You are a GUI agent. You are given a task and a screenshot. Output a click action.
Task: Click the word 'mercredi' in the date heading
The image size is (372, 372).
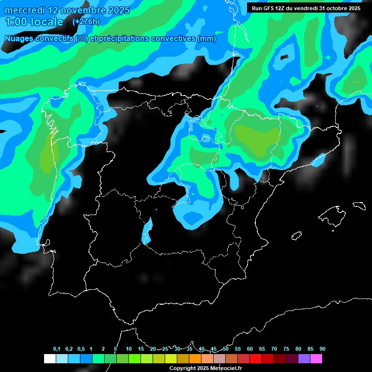(24, 10)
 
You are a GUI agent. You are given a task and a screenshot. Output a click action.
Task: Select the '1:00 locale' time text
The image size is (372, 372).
(34, 22)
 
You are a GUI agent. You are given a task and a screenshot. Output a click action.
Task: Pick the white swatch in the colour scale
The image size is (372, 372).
(49, 359)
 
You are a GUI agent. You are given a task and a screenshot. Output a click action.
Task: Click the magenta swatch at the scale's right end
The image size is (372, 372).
(316, 359)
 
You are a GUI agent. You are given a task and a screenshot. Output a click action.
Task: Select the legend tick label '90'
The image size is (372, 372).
(322, 349)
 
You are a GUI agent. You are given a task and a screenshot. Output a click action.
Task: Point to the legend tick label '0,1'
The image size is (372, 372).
(57, 349)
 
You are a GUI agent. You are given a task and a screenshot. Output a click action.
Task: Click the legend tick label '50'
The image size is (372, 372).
(226, 349)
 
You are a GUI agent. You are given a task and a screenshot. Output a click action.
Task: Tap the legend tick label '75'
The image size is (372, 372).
(286, 349)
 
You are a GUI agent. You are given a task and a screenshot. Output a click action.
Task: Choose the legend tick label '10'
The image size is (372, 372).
(129, 349)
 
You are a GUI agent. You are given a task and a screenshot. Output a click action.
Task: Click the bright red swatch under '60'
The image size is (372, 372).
(256, 359)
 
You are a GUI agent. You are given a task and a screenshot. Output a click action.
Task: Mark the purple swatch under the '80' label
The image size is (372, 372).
(304, 359)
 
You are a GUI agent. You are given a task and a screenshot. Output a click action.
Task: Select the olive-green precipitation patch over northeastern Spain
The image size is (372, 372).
(257, 138)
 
